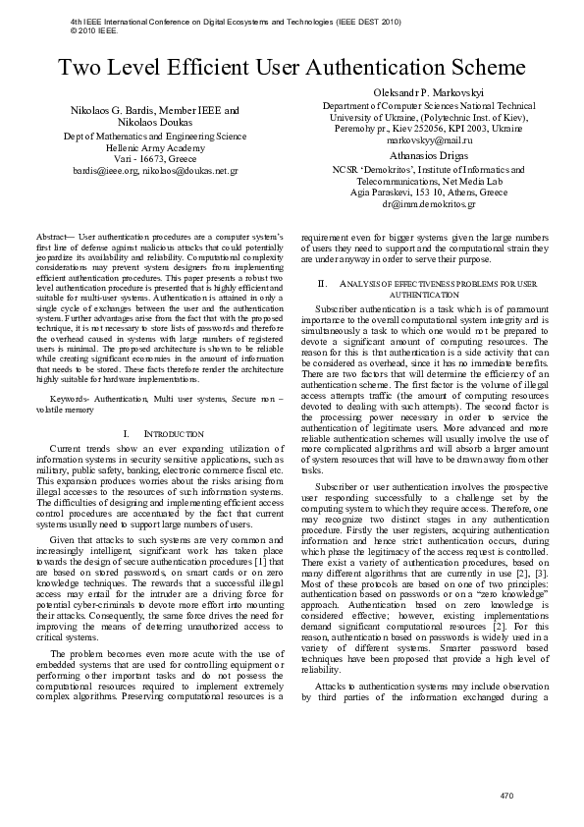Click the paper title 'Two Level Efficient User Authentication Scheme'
292,68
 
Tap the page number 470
506,795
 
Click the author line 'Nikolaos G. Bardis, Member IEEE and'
155,111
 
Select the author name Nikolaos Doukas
155,123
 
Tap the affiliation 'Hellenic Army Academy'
155,146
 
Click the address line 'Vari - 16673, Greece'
155,158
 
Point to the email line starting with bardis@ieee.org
155,170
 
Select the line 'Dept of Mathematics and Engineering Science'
155,136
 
